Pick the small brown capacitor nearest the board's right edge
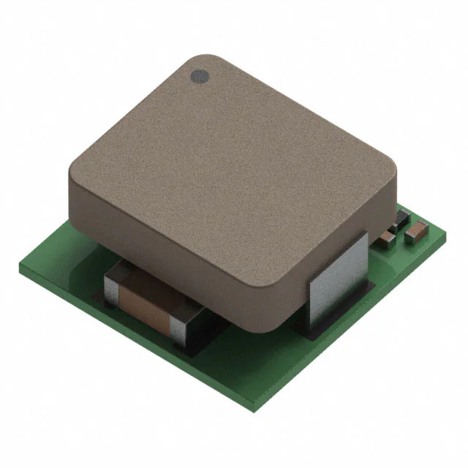pos(415,231)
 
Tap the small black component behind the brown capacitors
pos(401,217)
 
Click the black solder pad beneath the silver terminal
pos(311,331)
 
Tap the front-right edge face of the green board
pos(351,322)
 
